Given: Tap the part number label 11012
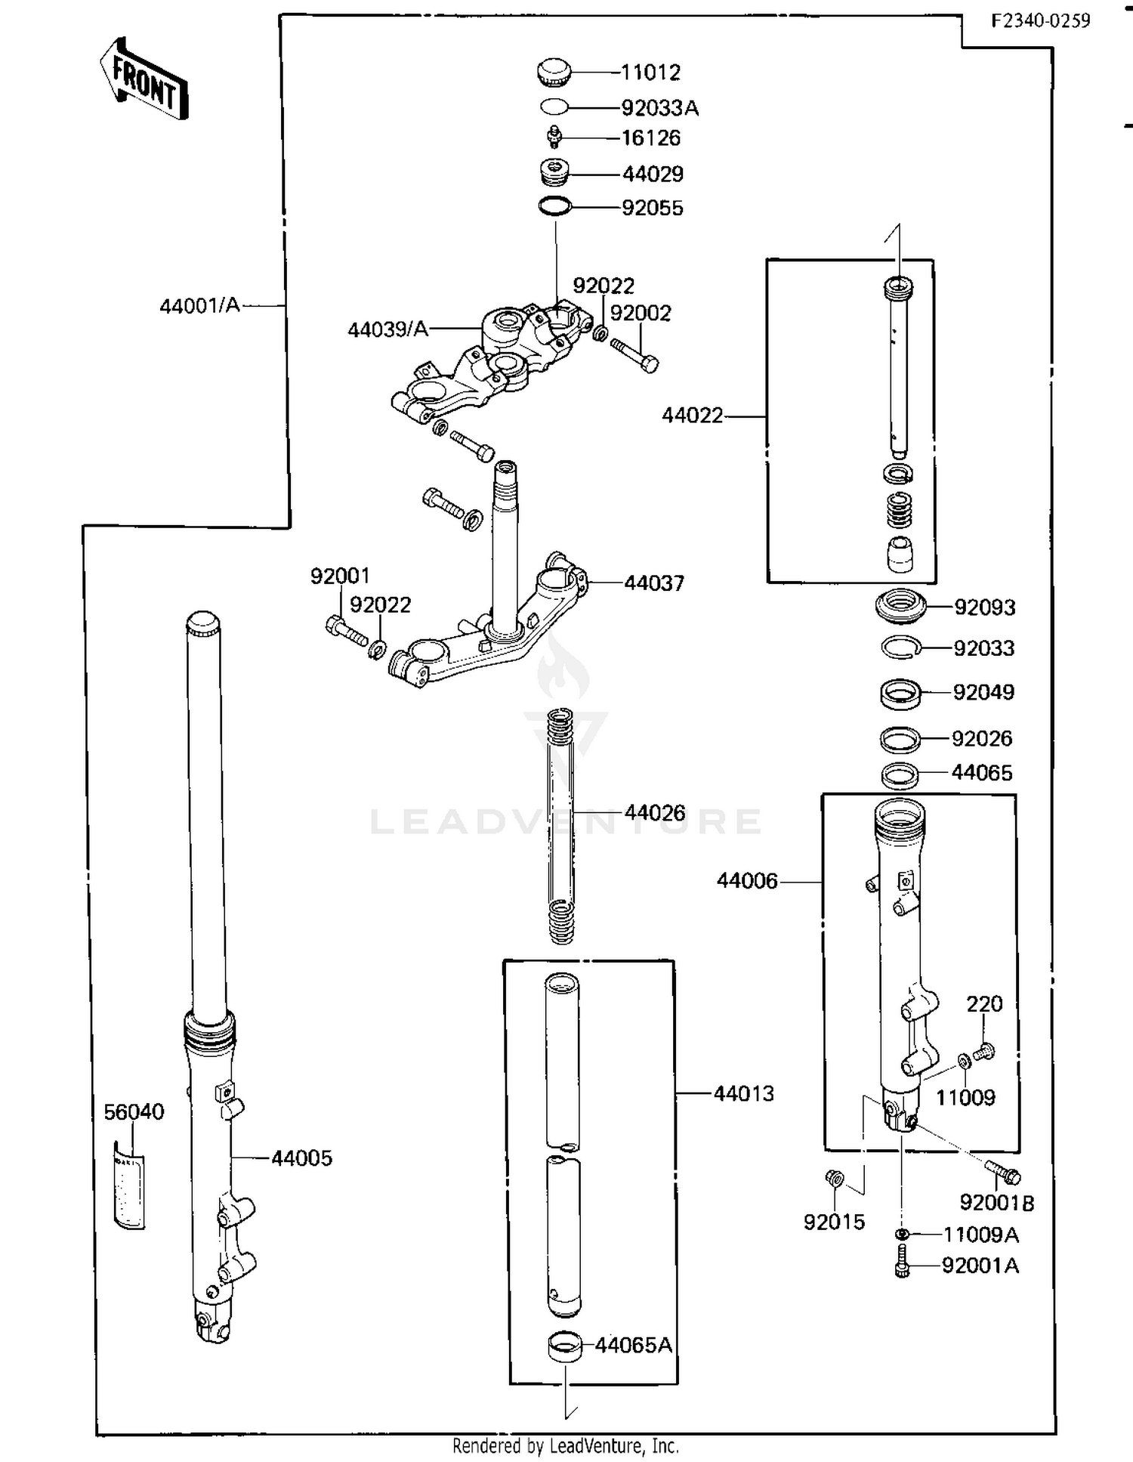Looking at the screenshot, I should point(650,73).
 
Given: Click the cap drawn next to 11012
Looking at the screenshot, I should point(554,73).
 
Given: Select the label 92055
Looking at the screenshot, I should point(652,208).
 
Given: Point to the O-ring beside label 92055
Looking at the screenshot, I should point(555,206).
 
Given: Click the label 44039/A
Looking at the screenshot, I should point(387,329).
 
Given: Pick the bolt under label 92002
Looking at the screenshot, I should point(634,354).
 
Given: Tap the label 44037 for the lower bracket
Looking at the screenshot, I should point(654,583).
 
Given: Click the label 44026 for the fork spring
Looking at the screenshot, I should point(655,813).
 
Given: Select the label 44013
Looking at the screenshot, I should point(744,1093).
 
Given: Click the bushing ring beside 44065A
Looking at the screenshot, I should point(564,1347).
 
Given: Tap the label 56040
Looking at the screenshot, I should point(134,1111).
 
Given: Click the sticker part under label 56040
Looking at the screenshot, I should point(129,1191).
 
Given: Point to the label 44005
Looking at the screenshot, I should point(301,1158).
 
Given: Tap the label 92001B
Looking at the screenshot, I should point(996,1202).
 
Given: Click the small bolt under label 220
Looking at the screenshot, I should point(984,1051).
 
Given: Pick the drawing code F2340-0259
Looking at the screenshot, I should point(1040,20).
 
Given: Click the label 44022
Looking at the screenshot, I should point(692,416).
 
